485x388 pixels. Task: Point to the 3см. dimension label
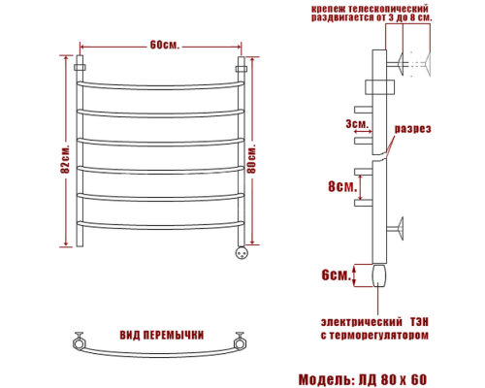355,124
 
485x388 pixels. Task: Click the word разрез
413,129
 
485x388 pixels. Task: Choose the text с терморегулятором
372,335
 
